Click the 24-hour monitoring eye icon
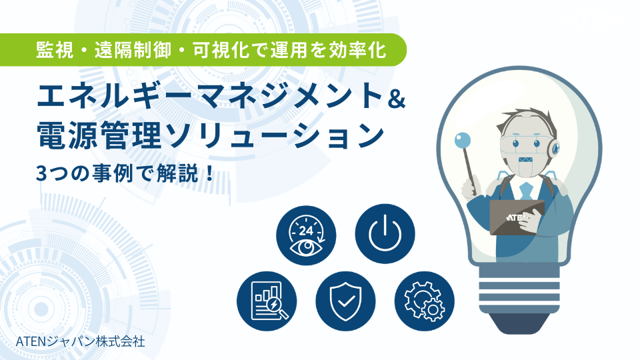point(306,233)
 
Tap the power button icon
point(385,233)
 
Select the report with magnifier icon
point(267,300)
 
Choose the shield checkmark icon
point(345,300)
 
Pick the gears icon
point(425,300)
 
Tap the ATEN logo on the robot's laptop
point(517,217)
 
